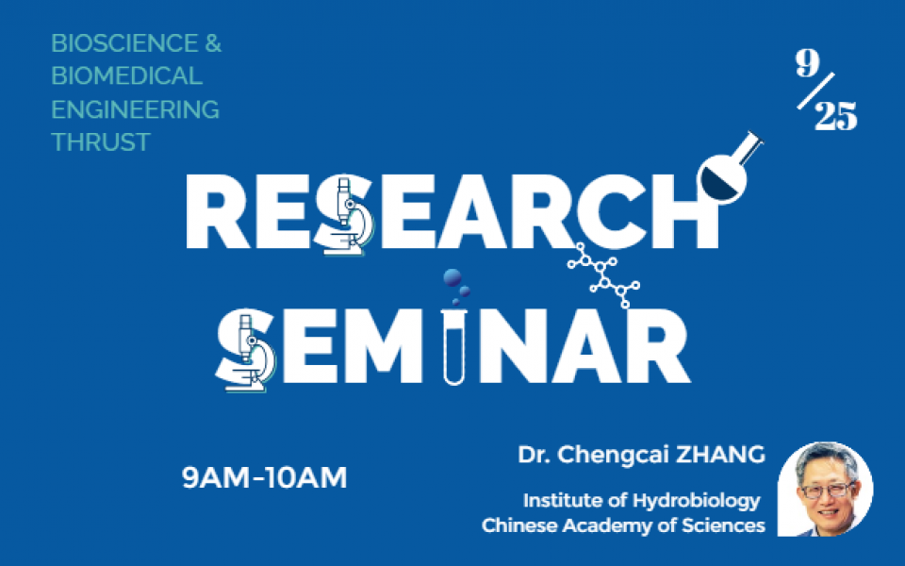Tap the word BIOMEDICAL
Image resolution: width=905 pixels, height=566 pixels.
coord(126,76)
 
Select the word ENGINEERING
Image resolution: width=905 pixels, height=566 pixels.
coord(135,109)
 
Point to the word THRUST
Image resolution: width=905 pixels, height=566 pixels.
coord(100,142)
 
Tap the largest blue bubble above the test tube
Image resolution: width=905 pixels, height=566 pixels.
coord(453,278)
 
